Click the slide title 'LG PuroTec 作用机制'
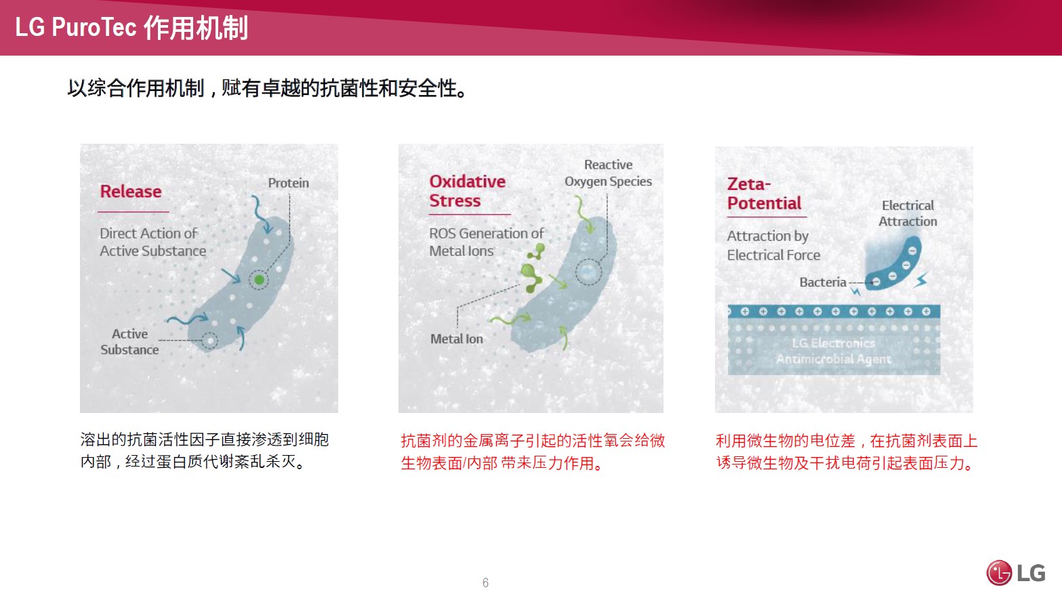pos(131,28)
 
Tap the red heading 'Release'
pos(131,191)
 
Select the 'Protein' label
pos(288,182)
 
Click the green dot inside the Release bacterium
pos(259,280)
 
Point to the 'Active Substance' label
pos(129,342)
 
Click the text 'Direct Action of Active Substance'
pos(152,242)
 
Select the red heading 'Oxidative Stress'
pos(468,191)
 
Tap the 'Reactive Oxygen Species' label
pos(609,173)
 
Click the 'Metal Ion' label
pos(457,338)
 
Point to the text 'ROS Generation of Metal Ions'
pos(487,242)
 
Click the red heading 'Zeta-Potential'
pos(764,193)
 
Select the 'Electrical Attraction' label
pos(908,213)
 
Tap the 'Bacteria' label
pos(823,282)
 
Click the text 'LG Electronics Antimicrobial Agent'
pos(834,351)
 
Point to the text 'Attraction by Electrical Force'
pos(773,245)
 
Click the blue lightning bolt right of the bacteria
pos(921,280)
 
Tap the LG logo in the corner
pos(1015,572)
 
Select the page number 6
pos(485,583)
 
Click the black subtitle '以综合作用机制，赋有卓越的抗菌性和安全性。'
pos(268,88)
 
